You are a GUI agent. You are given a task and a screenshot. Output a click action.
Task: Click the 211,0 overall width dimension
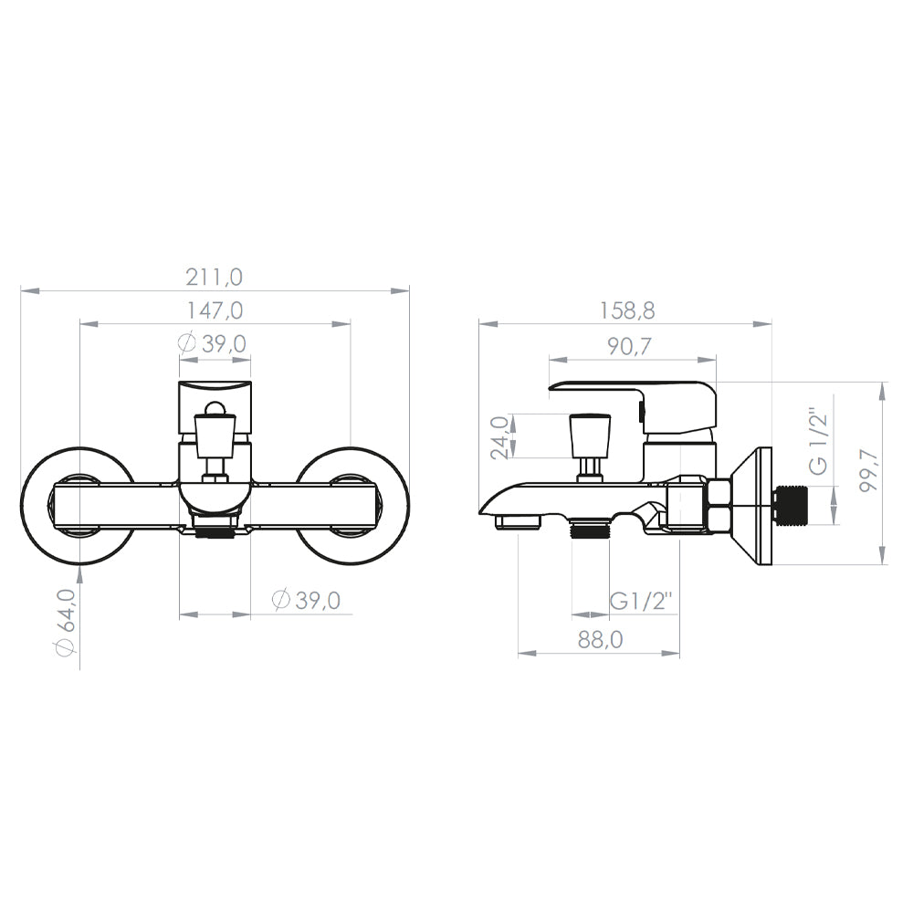pyautogui.click(x=214, y=277)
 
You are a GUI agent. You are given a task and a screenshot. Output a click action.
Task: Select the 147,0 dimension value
pyautogui.click(x=214, y=310)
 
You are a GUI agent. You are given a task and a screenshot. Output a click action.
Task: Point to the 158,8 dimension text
pyautogui.click(x=626, y=310)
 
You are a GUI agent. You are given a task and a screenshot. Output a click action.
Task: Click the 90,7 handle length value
pyautogui.click(x=629, y=346)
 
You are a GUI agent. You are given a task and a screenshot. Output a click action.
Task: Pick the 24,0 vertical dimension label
pyautogui.click(x=500, y=437)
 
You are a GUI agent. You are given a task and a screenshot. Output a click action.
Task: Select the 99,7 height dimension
pyautogui.click(x=869, y=470)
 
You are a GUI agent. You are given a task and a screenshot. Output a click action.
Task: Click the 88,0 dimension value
pyautogui.click(x=600, y=639)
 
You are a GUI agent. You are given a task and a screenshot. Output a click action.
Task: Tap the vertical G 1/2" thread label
pyautogui.click(x=818, y=440)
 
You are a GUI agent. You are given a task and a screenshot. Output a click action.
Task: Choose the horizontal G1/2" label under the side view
pyautogui.click(x=642, y=600)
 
